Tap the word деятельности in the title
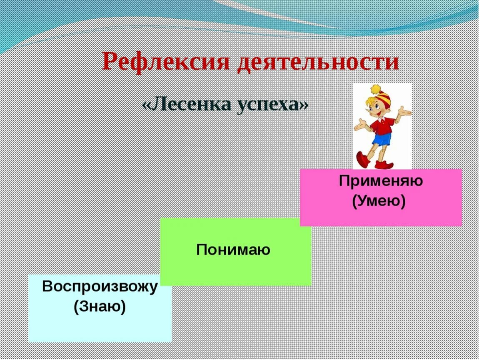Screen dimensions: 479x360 (x=318, y=62)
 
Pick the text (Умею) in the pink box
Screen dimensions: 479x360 (x=379, y=201)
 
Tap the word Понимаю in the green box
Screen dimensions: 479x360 (x=233, y=250)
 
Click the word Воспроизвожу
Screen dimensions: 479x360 (x=100, y=287)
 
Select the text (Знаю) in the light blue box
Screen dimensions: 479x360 (x=100, y=307)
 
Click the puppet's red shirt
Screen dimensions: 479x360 (x=381, y=125)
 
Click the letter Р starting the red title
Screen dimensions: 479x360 (x=110, y=62)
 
